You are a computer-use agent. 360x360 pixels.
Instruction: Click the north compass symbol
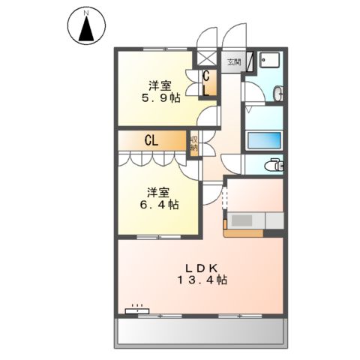tap(86, 28)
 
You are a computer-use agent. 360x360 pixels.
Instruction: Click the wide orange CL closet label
tap(151, 139)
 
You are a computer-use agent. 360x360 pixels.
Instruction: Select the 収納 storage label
tap(193, 143)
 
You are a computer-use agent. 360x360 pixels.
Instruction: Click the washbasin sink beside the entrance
tap(278, 94)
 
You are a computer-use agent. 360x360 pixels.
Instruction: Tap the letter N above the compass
tap(86, 12)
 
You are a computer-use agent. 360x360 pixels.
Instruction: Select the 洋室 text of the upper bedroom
tap(157, 85)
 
